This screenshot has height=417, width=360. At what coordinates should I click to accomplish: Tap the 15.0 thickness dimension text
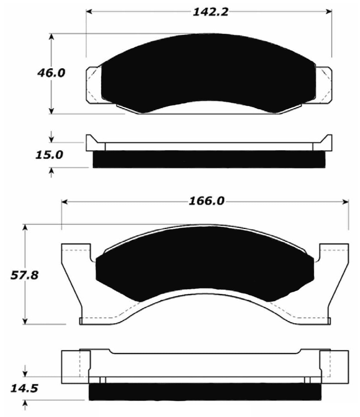(x=49, y=155)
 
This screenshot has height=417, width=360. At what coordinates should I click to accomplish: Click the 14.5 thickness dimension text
(x=24, y=389)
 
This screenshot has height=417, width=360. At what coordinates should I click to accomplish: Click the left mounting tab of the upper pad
(x=93, y=85)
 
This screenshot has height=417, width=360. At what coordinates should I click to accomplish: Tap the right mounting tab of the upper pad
(x=324, y=85)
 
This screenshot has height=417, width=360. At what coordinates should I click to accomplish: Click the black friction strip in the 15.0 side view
(x=209, y=159)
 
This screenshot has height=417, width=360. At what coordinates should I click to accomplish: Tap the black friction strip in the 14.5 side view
(x=205, y=391)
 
